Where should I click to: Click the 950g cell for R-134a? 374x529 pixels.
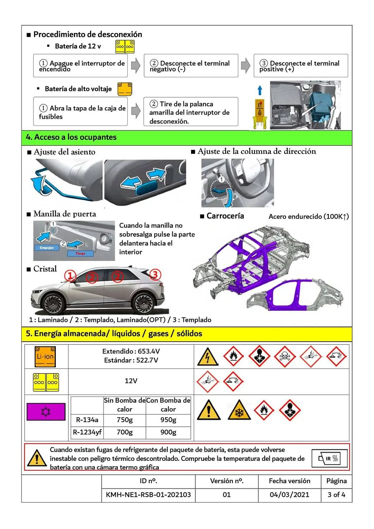coord(168,420)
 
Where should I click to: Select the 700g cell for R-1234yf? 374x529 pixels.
coord(125,432)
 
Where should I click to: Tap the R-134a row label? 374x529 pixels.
coord(87,420)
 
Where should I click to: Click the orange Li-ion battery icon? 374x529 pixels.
coord(45,357)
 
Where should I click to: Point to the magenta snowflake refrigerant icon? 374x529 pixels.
coord(46,412)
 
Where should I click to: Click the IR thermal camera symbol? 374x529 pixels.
coord(330,458)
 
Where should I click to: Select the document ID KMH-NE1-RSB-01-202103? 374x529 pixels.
coord(148,495)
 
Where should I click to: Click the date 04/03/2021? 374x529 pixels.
coord(289,495)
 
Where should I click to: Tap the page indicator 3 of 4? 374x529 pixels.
coord(336,495)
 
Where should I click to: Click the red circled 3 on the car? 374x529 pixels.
coord(155,275)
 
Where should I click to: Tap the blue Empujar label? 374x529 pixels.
coord(47,248)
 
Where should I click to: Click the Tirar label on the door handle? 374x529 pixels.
coord(80,254)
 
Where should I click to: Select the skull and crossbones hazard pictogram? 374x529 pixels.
coord(285,356)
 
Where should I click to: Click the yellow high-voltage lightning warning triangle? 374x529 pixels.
coord(208,357)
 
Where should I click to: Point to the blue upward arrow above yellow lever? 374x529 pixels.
coord(260,90)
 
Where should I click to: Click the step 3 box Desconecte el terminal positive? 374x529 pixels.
coord(301,66)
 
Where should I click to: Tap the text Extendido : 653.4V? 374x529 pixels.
coord(131,351)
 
